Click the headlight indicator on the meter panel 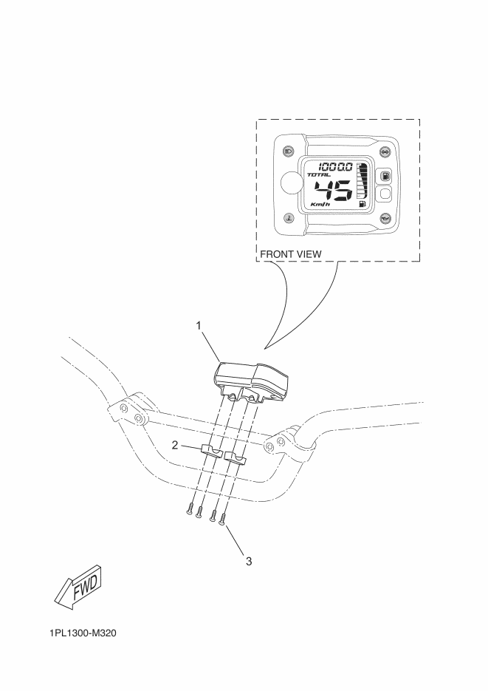click(288, 152)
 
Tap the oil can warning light click(385, 218)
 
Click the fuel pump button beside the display click(385, 177)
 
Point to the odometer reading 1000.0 click(335, 166)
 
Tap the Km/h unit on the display click(320, 205)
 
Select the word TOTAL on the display click(319, 175)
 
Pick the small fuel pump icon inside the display click(362, 203)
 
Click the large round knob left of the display click(291, 182)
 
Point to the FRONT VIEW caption click(291, 254)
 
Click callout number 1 click(199, 326)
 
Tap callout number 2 click(175, 446)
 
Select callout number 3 click(249, 562)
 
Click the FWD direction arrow click(79, 587)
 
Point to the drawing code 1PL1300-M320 click(83, 633)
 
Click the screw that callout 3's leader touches click(224, 518)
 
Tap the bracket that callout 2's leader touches click(212, 452)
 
